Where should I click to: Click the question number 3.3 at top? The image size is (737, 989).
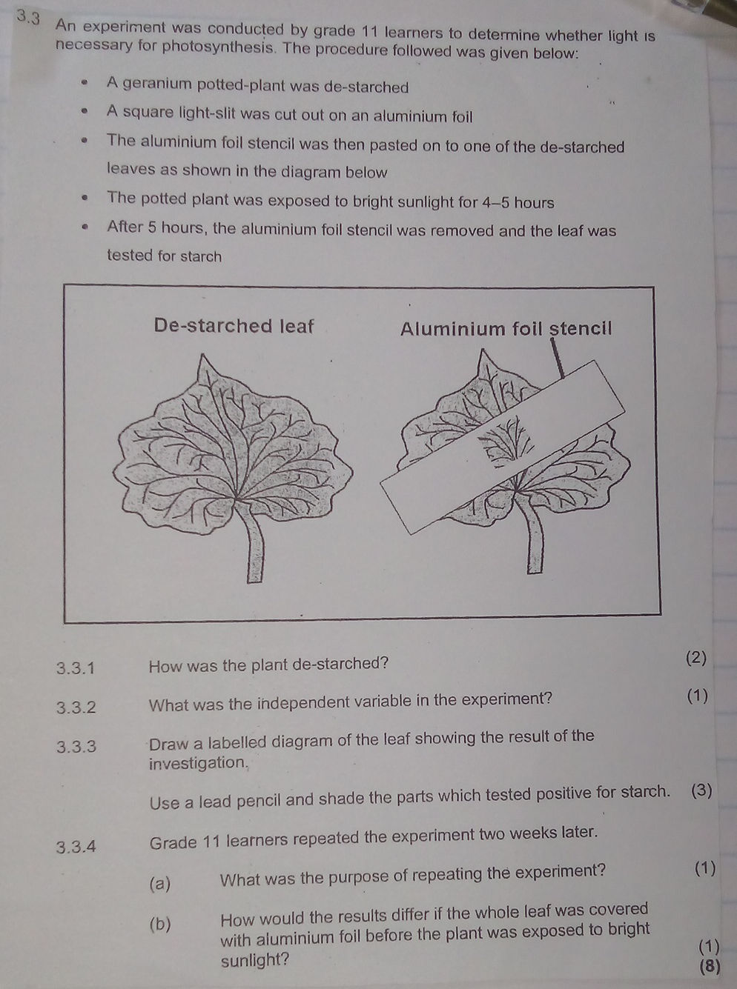point(27,16)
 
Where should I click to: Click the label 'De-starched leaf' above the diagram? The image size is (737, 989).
point(234,326)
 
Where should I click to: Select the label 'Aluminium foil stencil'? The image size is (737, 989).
point(506,328)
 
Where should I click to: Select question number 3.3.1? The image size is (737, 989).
point(76,668)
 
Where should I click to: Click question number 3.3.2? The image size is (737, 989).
point(76,707)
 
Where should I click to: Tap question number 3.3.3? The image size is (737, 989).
point(76,746)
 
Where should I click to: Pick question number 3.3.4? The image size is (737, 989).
point(76,846)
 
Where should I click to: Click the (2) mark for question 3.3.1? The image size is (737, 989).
point(696,657)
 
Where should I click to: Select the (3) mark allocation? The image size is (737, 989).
point(701,790)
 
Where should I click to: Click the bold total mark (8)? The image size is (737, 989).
point(709,965)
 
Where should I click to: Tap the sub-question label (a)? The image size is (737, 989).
point(159,883)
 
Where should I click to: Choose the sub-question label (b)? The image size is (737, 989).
point(159,924)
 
